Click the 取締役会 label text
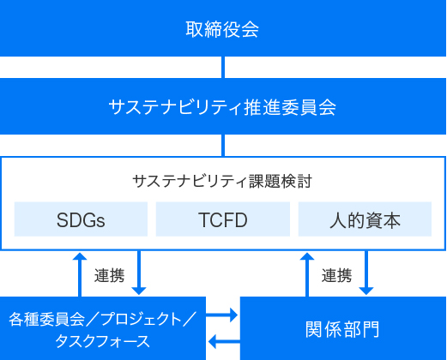point(222,29)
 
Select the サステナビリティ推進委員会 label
point(222,107)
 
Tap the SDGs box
point(81,219)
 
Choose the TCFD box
point(223,219)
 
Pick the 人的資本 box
point(365,219)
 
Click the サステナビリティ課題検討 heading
point(222,181)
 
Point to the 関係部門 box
point(343,328)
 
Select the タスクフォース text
point(102,341)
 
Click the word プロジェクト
point(142,319)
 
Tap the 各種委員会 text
point(47,319)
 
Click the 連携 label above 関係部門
point(336,275)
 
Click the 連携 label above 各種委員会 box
point(109,275)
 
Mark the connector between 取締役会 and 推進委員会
point(223,67)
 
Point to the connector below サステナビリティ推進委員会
point(223,145)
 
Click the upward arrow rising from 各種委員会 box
point(80,274)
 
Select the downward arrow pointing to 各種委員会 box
point(139,273)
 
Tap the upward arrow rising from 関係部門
point(307,274)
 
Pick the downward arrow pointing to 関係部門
point(366,273)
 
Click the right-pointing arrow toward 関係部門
point(222,315)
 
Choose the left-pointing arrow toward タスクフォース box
point(224,341)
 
